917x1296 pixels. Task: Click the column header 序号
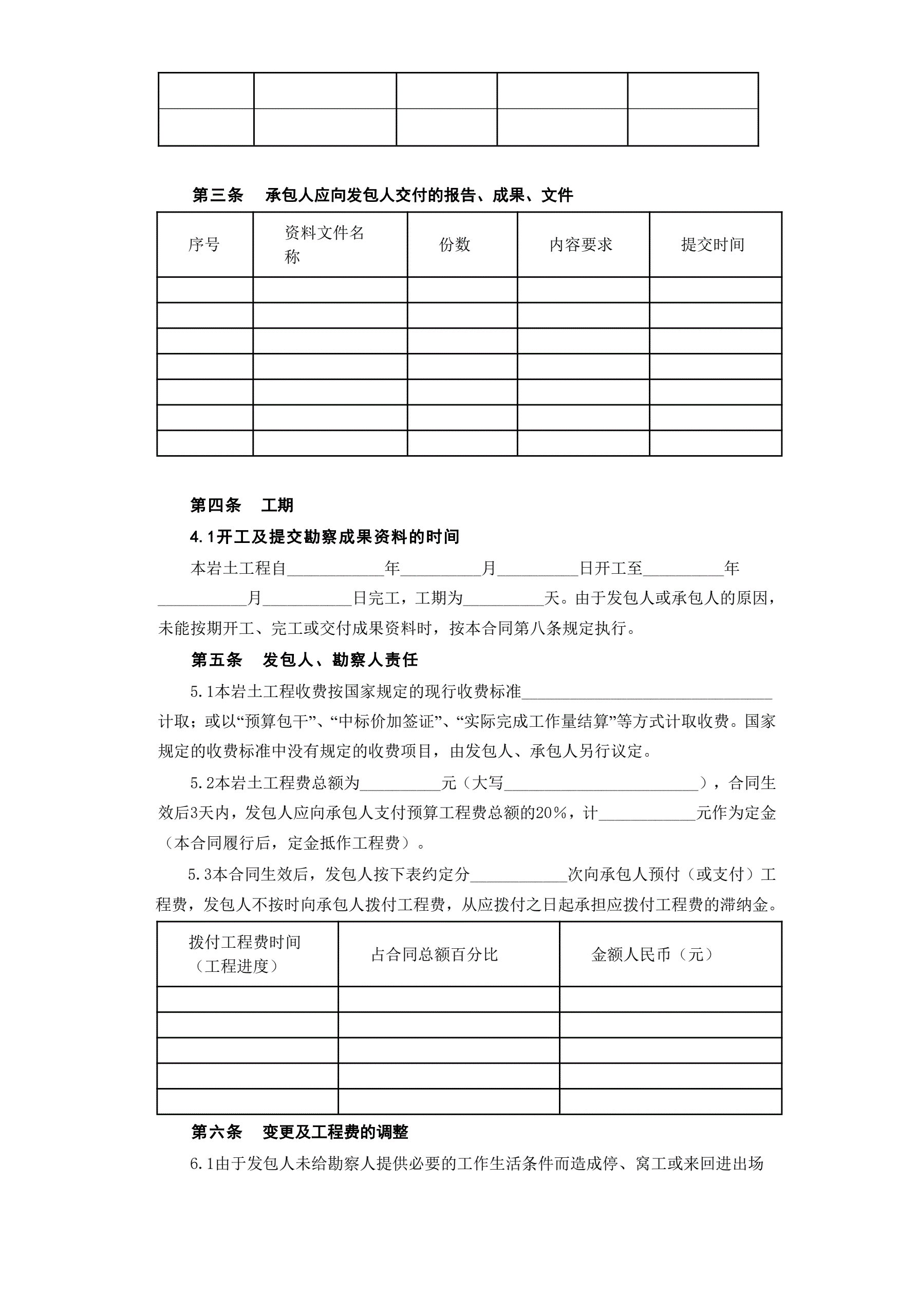(204, 245)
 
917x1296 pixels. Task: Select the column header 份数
(455, 245)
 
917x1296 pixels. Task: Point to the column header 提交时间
(713, 245)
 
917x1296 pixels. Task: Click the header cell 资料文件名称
(324, 245)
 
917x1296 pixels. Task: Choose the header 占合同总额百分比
(434, 954)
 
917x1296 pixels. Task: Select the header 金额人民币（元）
(652, 954)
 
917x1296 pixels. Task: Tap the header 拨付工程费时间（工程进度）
(245, 954)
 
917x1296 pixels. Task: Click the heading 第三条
(217, 195)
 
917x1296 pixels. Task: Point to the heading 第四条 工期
(241, 504)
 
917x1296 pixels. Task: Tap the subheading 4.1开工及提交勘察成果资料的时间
(325, 537)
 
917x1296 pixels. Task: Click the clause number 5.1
(201, 691)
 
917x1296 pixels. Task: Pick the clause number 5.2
(201, 783)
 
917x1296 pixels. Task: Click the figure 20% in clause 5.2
(551, 813)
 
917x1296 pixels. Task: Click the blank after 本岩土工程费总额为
(400, 784)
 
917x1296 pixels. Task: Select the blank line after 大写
(601, 784)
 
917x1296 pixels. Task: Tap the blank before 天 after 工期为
(503, 599)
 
